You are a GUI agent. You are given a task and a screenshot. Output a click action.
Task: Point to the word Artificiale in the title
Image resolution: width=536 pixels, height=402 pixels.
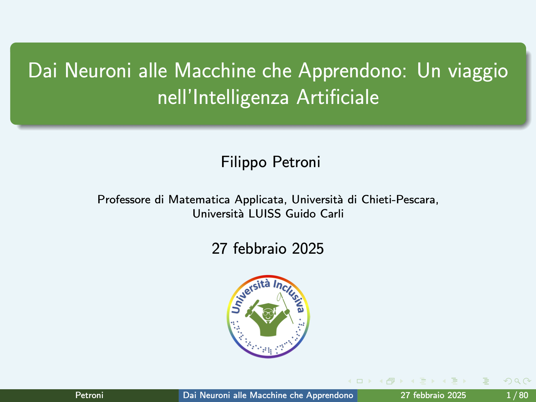(x=338, y=97)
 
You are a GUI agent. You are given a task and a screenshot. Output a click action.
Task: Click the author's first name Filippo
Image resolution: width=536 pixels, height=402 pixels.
(x=244, y=162)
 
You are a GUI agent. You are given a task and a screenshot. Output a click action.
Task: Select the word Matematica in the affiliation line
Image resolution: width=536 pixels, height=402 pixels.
(x=199, y=199)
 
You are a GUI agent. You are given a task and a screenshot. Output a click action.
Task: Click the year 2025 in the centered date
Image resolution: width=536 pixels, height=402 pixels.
(x=308, y=249)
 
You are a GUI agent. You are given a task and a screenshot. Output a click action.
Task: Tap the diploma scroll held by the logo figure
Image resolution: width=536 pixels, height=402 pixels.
(x=252, y=309)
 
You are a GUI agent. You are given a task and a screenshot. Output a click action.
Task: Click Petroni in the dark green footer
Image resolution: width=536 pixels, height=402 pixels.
(x=89, y=395)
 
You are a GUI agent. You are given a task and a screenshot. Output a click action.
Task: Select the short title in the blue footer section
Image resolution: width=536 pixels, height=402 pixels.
(x=268, y=395)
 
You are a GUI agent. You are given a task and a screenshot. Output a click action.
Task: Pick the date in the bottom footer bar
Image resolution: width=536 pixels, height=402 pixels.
(x=433, y=395)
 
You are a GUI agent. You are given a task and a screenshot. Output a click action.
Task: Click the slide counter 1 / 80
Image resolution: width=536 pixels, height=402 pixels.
(x=518, y=395)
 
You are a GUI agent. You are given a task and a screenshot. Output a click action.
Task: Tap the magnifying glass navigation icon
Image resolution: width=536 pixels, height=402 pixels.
(x=517, y=381)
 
